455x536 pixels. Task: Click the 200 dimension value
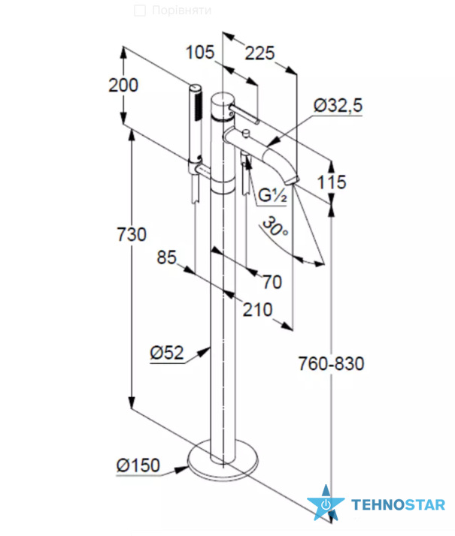pos(123,85)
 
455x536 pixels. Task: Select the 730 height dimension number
pos(132,234)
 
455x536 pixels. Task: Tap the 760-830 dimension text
pos(331,363)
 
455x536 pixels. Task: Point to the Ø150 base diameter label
pos(138,465)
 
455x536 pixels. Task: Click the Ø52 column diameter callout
pos(167,352)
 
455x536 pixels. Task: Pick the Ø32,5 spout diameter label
pos(338,105)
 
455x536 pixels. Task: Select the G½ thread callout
pos(272,195)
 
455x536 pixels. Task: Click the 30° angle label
pos(275,226)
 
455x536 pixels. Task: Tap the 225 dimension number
pos(260,53)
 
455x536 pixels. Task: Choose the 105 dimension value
pos(200,53)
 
